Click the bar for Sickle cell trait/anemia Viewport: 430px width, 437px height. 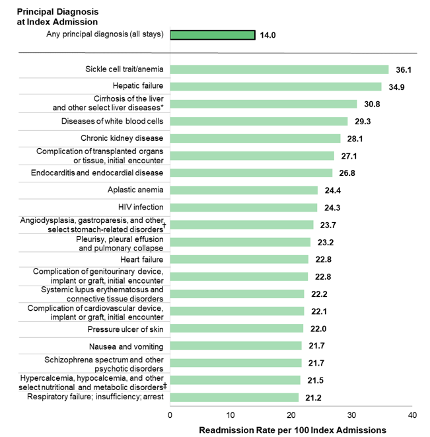click(x=279, y=69)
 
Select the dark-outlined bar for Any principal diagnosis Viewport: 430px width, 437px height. click(x=213, y=35)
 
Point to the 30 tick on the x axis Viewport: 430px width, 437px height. click(x=351, y=415)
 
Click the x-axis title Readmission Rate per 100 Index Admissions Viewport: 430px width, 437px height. click(x=293, y=430)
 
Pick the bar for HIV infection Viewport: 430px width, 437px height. click(x=244, y=208)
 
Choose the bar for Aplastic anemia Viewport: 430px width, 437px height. click(x=244, y=190)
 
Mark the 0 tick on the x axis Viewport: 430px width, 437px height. click(x=170, y=415)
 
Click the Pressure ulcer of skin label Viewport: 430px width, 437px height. click(x=125, y=329)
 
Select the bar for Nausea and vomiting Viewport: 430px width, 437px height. click(x=236, y=346)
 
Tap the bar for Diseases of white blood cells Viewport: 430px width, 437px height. click(x=259, y=121)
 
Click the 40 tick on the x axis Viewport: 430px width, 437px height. click(x=412, y=415)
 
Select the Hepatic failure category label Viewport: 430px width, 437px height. click(x=138, y=86)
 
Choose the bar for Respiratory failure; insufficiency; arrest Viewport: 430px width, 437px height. click(x=234, y=397)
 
